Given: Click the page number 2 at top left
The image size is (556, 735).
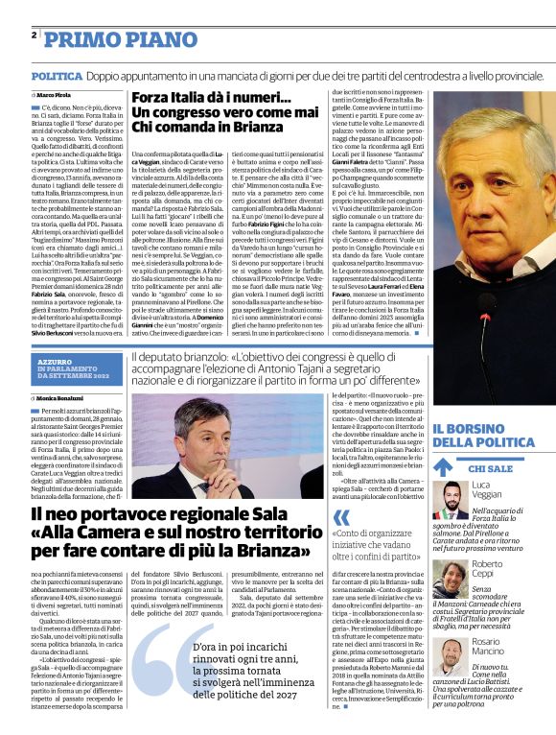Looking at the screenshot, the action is pos(34,35).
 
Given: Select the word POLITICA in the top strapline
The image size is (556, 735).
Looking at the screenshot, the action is pos(57,75).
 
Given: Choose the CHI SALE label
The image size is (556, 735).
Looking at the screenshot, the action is pos(494,468).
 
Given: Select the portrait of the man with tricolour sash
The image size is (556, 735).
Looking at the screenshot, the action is pos(446,504).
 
